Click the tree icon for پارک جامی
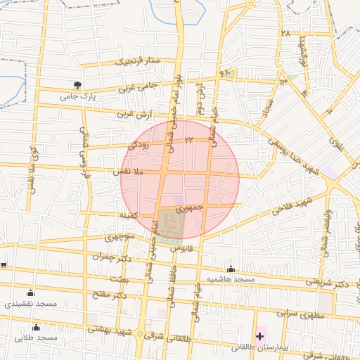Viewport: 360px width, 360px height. click(x=77, y=84)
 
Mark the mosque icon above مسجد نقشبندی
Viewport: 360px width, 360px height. click(x=30, y=293)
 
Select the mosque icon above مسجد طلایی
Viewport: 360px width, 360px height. click(x=37, y=327)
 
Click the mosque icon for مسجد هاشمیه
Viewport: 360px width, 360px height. click(x=231, y=269)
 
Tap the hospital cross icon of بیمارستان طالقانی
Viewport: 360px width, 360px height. click(x=260, y=337)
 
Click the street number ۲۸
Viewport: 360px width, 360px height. click(x=285, y=33)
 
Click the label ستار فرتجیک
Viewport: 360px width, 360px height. click(x=138, y=62)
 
